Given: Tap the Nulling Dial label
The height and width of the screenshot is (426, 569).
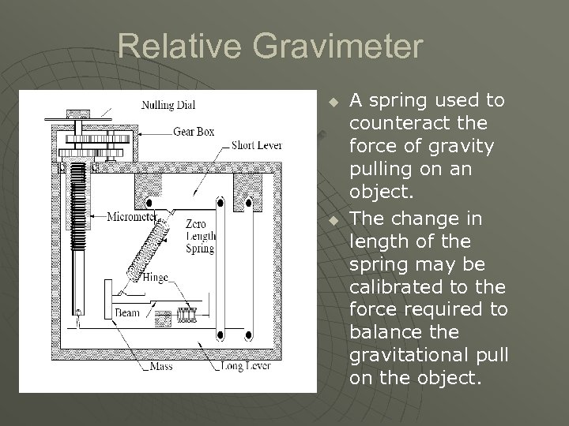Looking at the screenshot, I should (169, 105).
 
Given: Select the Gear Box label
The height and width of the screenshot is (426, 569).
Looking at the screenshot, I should (194, 131).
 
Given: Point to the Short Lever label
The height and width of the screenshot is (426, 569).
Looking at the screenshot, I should (258, 144).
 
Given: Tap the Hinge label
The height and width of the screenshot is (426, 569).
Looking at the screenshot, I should (156, 277).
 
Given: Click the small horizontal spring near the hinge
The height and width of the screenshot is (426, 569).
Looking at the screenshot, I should (187, 315).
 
